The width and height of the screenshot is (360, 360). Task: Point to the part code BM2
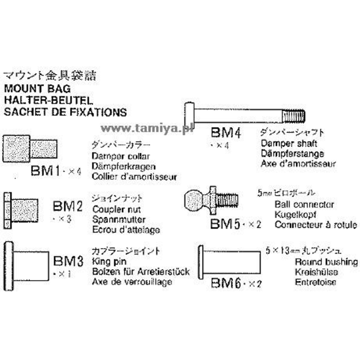(x=68, y=207)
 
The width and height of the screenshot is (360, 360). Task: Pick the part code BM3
(x=68, y=260)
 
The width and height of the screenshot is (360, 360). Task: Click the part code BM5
(x=224, y=224)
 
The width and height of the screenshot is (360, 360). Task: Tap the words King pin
(x=106, y=262)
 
